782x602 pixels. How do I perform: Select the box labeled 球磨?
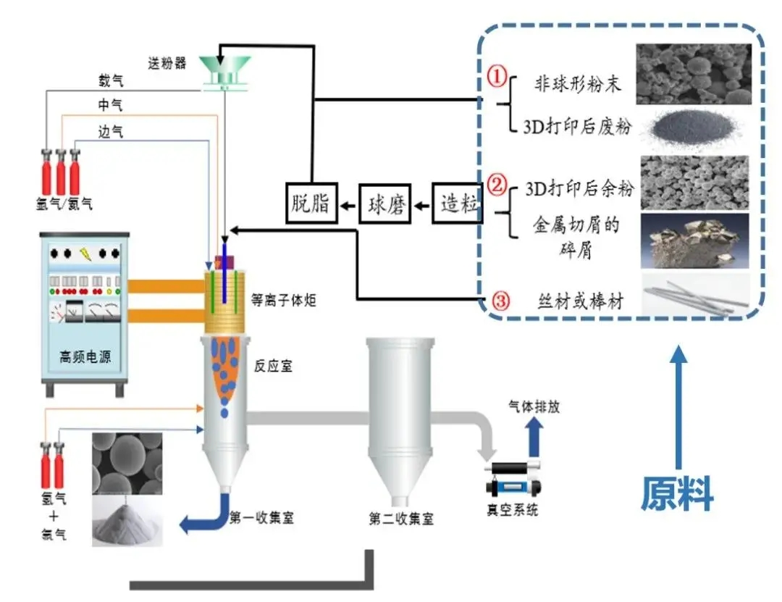385,206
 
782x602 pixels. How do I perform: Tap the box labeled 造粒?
459,204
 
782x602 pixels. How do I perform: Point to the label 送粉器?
167,63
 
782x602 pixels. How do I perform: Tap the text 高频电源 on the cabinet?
85,356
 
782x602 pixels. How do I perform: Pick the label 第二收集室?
401,519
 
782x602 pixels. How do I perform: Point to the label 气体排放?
534,407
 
